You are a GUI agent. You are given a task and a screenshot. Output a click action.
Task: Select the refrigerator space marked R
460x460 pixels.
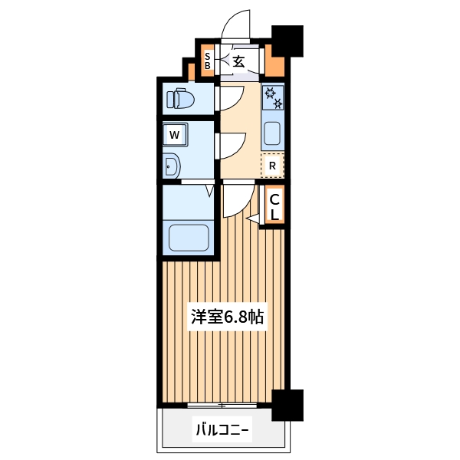pos(272,164)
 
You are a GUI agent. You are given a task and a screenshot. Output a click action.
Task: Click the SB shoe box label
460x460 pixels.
pos(208,60)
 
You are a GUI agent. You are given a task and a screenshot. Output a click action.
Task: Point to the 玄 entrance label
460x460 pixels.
pos(238,61)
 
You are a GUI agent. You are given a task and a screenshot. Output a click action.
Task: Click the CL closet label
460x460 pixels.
pos(274,205)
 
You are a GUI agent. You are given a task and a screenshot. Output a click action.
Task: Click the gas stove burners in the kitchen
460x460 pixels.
pos(273,97)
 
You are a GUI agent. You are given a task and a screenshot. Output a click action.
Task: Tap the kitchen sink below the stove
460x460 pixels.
pos(272,133)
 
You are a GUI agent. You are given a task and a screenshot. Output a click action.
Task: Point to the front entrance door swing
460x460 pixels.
pos(237,25)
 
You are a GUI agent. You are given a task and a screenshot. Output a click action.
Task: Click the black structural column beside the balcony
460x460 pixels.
pos(287,404)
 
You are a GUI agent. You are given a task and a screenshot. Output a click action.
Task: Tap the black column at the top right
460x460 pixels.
pos(288,41)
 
